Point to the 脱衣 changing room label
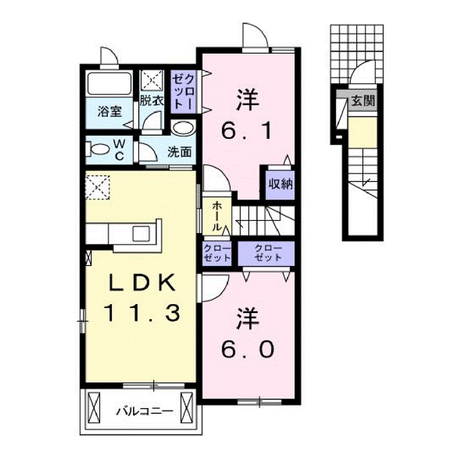point(152,101)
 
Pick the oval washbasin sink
point(183,128)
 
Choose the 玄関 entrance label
point(364,101)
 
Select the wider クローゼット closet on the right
point(267,253)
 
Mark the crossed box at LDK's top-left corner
point(99,188)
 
